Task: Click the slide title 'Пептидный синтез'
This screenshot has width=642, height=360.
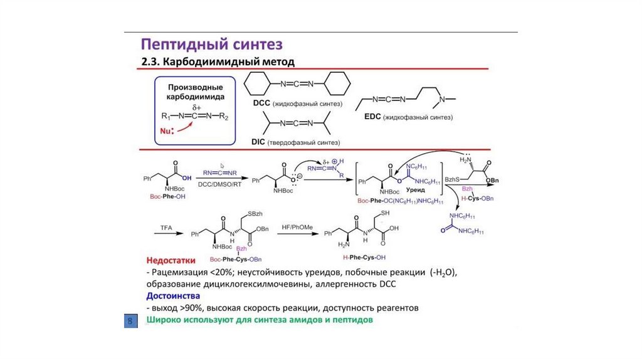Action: [x=211, y=44]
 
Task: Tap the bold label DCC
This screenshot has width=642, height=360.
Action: [x=260, y=103]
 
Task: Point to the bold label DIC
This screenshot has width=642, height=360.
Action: [x=258, y=142]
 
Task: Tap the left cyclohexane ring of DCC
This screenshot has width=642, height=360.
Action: [x=257, y=84]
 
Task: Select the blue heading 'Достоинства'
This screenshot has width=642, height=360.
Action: [x=173, y=295]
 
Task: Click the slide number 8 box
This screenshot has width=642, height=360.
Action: [x=130, y=321]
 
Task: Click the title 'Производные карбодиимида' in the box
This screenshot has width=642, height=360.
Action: [x=196, y=93]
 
